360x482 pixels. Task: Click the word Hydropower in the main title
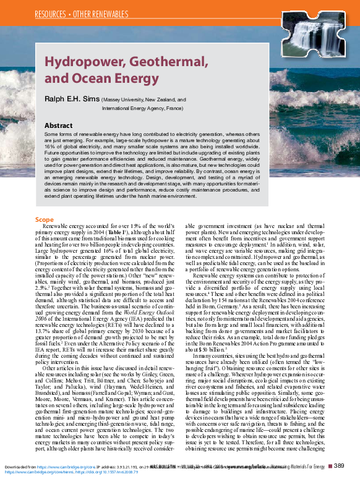coord(83,64)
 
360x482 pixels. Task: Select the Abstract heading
coord(58,125)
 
